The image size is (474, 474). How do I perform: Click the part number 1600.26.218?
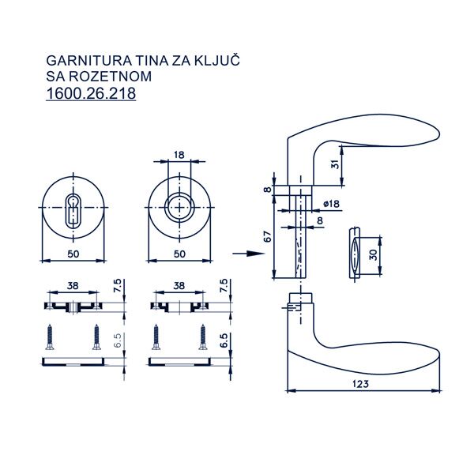tap(91, 93)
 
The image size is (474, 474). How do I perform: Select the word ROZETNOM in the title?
tap(110, 76)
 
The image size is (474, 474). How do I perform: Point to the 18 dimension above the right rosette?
tap(179, 155)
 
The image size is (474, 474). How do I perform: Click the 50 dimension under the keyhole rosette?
tap(73, 254)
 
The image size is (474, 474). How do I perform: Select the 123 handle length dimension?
tap(361, 384)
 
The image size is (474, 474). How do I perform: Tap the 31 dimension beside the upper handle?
tap(335, 164)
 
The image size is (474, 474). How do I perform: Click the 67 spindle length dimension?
tap(268, 236)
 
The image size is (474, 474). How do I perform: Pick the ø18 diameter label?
tap(331, 204)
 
